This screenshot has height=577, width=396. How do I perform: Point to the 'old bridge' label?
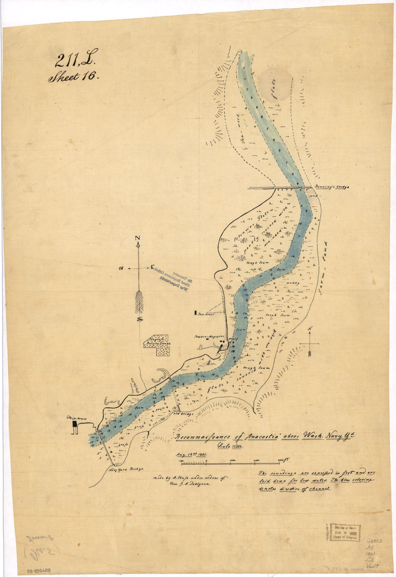point(186,414)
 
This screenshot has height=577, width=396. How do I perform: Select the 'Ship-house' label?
point(74,417)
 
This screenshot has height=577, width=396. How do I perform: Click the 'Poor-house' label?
point(205,314)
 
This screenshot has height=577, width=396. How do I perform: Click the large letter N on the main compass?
point(137,238)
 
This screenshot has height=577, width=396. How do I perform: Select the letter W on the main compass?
point(122,268)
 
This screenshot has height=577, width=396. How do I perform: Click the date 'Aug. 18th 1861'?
point(191,455)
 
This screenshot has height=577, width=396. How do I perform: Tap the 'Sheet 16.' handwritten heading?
point(73,77)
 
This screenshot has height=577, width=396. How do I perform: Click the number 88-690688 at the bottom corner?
point(39,571)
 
